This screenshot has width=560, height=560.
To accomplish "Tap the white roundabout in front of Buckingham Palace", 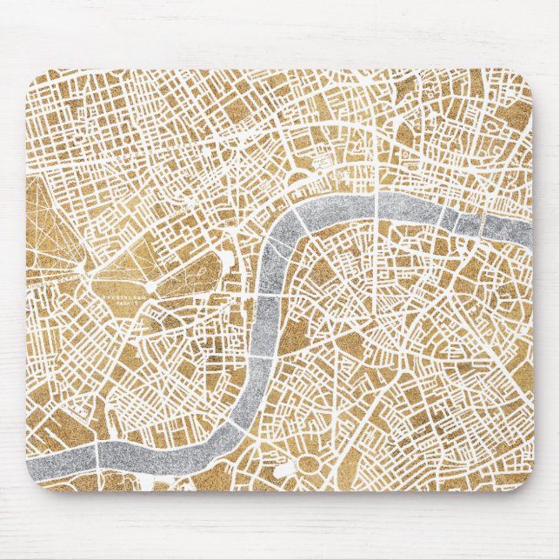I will click(x=150, y=284).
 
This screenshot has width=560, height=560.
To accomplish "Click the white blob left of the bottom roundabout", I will click(x=285, y=470).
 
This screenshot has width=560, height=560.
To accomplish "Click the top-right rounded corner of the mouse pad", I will click(x=527, y=77).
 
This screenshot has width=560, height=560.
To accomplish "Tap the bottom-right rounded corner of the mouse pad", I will click(x=527, y=485).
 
